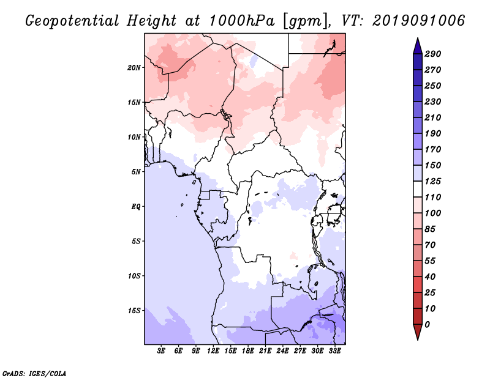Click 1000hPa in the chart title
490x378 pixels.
click(x=241, y=21)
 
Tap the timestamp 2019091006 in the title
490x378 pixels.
click(x=419, y=21)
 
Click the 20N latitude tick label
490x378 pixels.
click(x=134, y=68)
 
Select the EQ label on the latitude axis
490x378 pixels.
click(x=136, y=207)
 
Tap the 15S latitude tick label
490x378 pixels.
click(x=134, y=311)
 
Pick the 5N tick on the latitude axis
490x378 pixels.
click(x=136, y=172)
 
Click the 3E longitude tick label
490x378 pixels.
click(x=161, y=351)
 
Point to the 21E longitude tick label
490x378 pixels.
click(x=265, y=351)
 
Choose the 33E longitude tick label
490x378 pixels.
click(x=334, y=351)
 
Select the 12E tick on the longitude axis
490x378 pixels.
click(x=213, y=351)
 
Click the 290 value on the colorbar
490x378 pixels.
click(x=433, y=54)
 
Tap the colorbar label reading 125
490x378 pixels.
click(x=433, y=181)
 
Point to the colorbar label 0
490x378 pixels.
click(x=427, y=325)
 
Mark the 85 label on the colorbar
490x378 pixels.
click(x=430, y=229)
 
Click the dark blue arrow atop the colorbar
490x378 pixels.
click(x=418, y=46)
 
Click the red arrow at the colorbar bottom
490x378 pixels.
click(x=418, y=332)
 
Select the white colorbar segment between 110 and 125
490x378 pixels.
click(x=418, y=189)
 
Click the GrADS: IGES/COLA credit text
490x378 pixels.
click(x=34, y=374)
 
